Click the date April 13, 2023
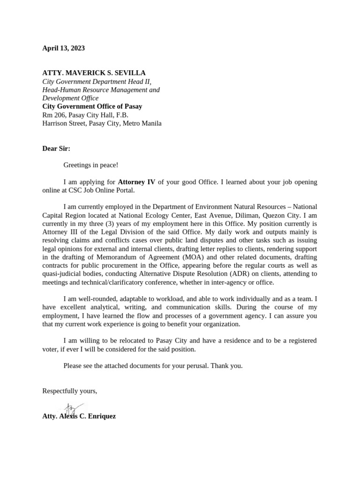coord(64,48)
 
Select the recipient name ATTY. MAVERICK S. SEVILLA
coord(94,73)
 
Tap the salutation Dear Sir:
coord(56,149)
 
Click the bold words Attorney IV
coord(136,182)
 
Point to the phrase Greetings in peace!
coord(91,165)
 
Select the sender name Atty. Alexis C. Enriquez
coord(79,416)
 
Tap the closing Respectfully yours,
coord(70,391)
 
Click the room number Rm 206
coord(53,115)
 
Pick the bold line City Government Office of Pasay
coord(92,106)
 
